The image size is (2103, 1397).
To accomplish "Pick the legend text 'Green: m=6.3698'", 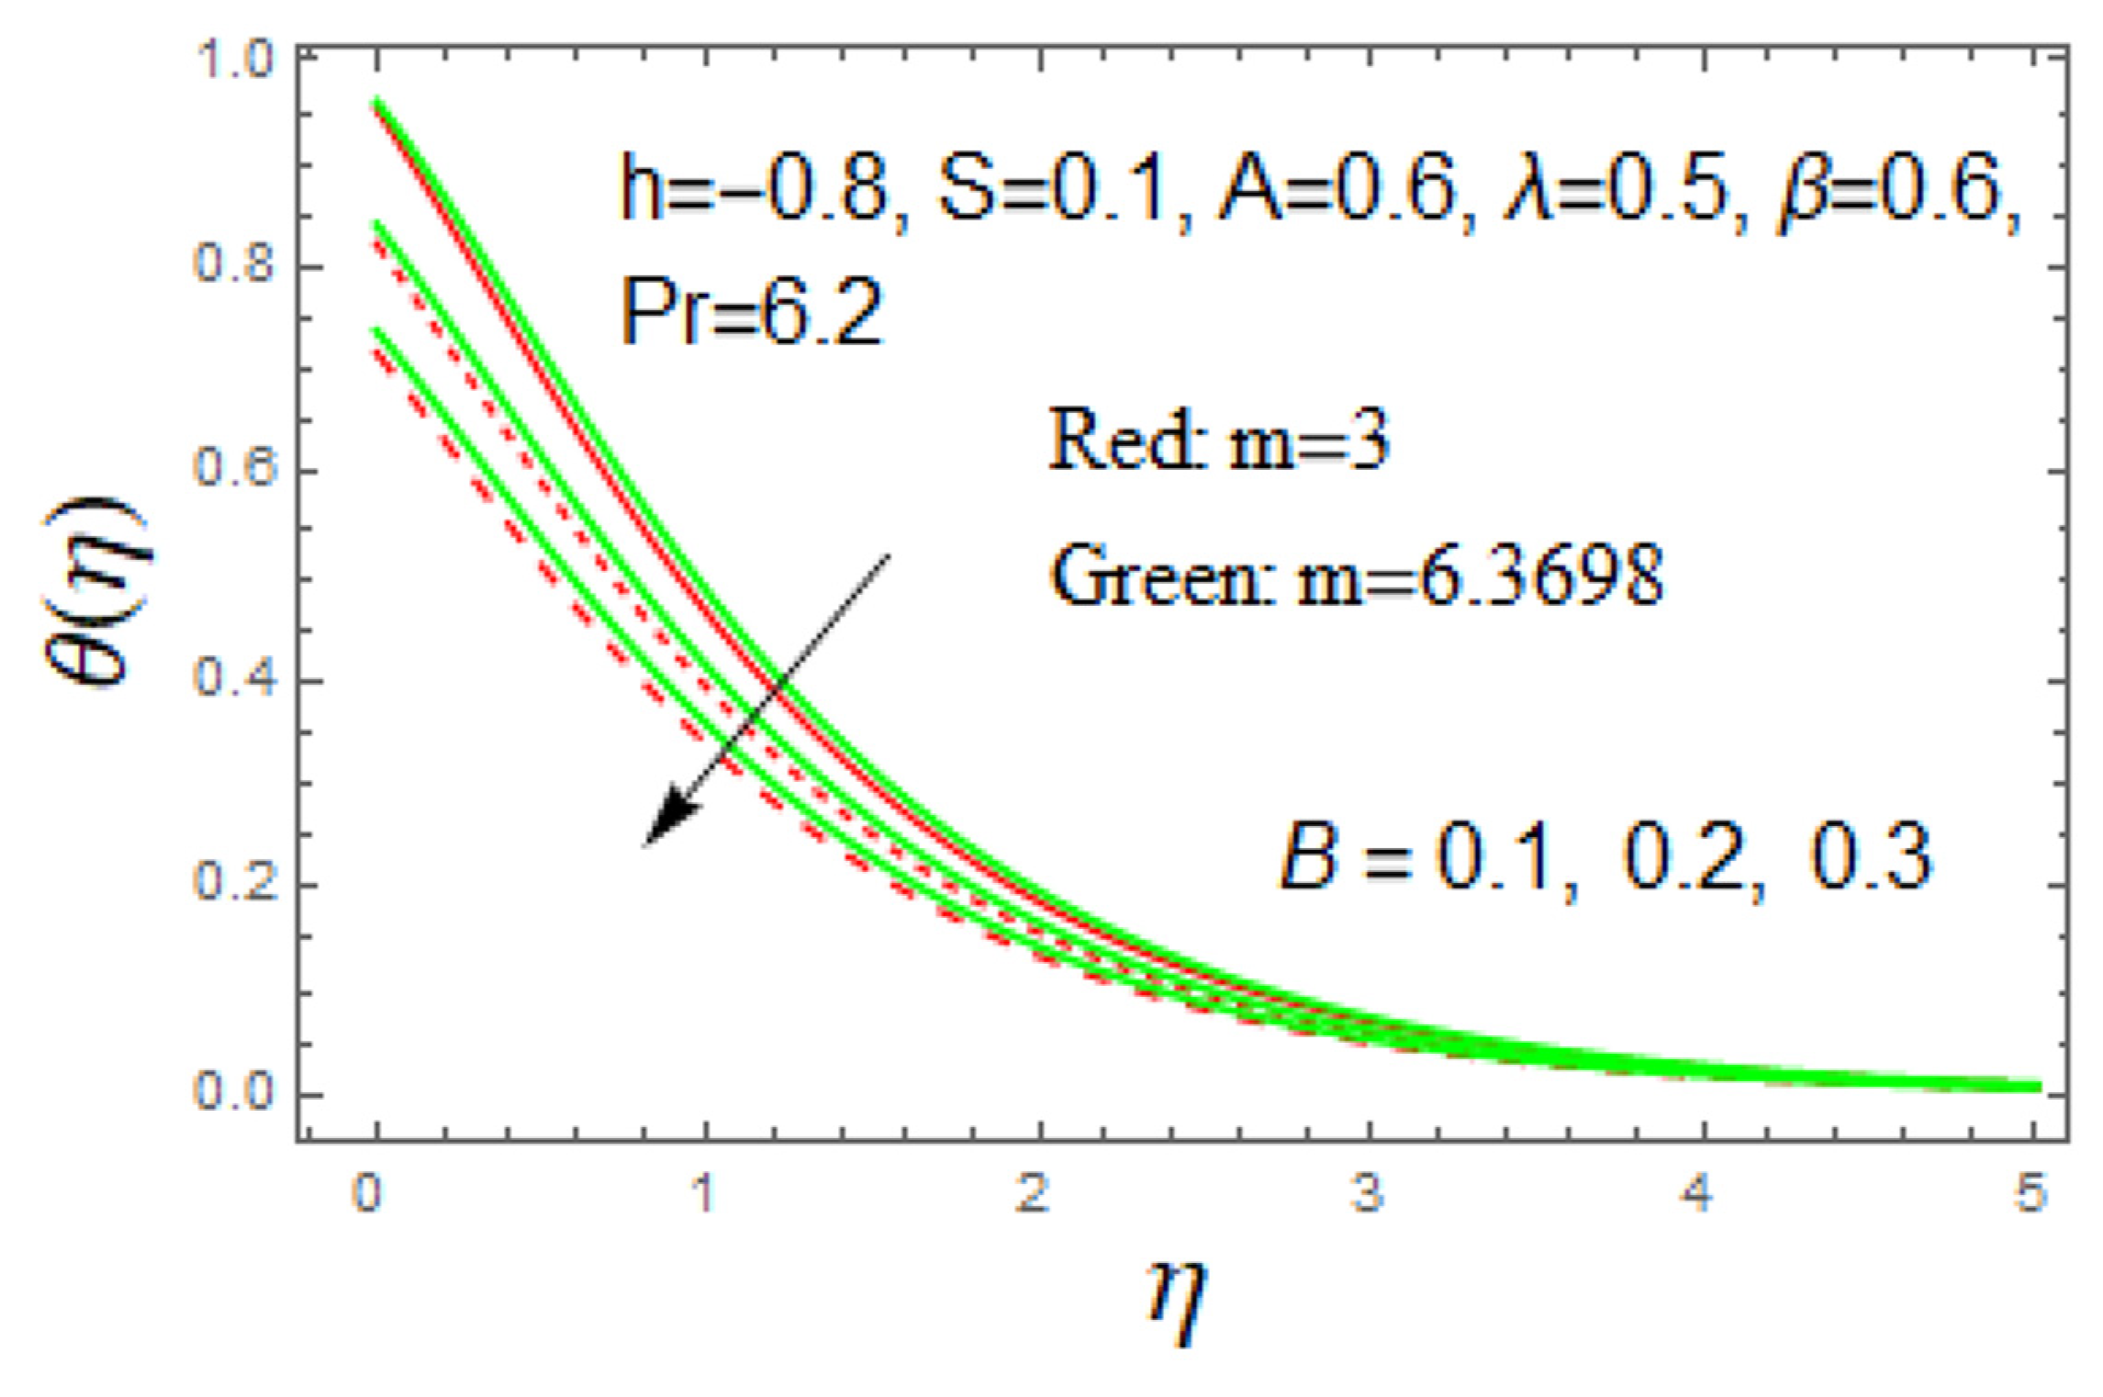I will tap(1356, 576).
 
